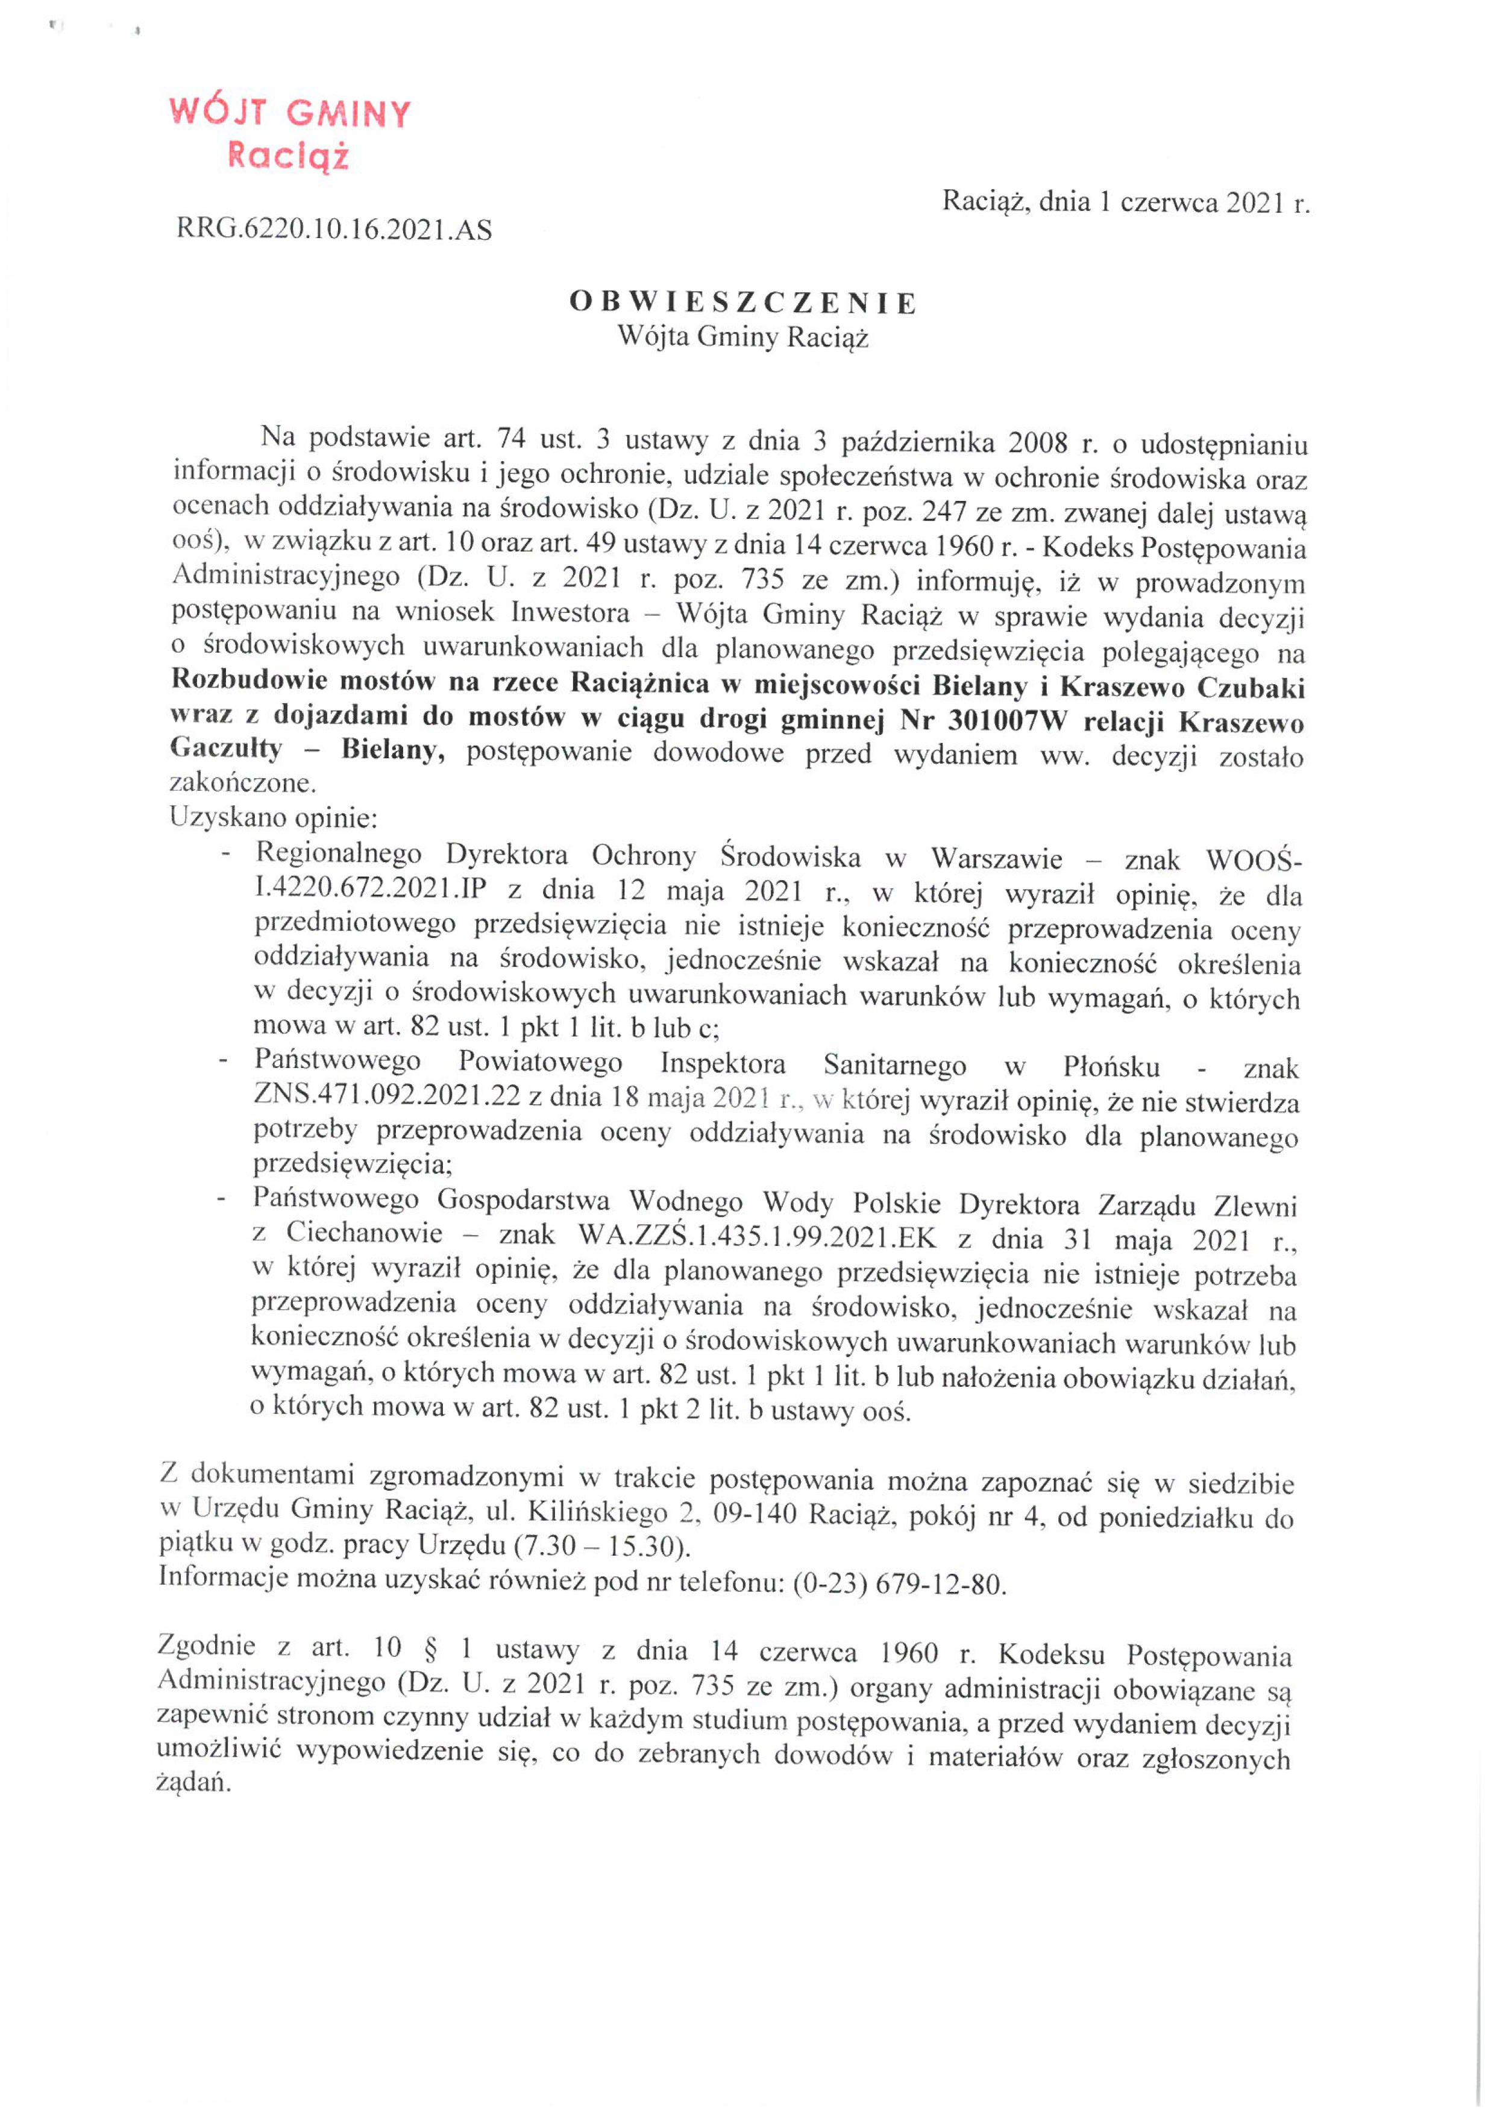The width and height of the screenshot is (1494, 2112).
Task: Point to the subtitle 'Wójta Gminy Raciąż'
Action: [742, 338]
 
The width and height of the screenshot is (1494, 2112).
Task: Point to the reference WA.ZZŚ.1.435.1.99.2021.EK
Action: [757, 1237]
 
